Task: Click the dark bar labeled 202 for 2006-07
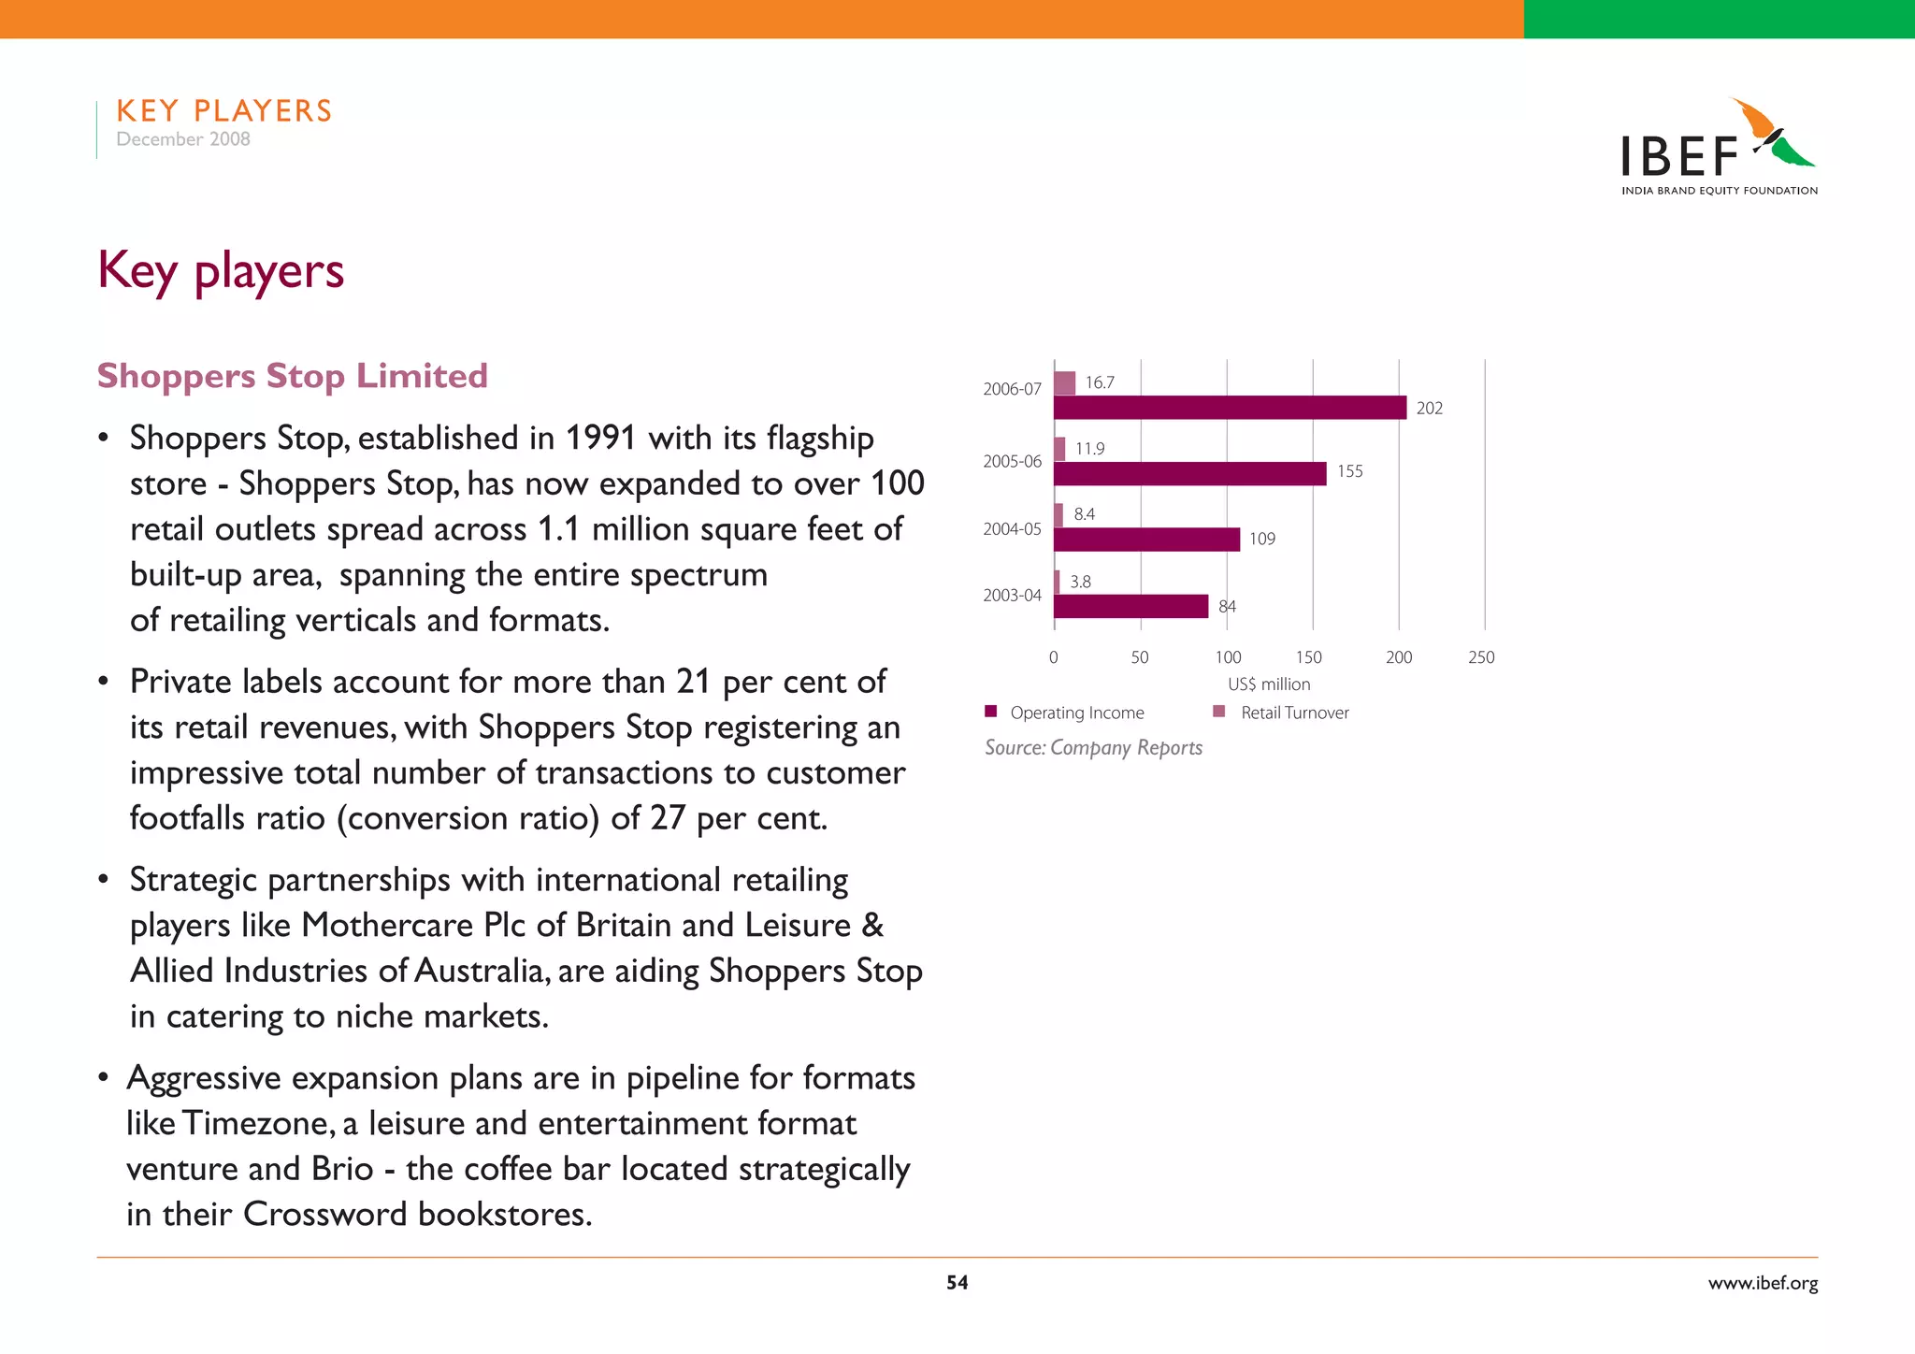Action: [x=1230, y=408]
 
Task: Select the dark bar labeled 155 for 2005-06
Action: [x=1189, y=474]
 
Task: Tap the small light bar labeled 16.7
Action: [x=1064, y=383]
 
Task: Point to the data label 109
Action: [x=1261, y=539]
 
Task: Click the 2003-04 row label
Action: [x=1012, y=596]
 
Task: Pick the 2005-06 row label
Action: [x=1012, y=462]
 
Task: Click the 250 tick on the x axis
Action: [x=1481, y=657]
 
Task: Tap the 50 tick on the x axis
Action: [x=1139, y=657]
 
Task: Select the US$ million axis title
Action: [x=1269, y=684]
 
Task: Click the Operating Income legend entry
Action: [x=1076, y=713]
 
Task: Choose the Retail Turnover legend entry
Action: [x=1294, y=713]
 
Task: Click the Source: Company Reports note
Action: [x=1093, y=748]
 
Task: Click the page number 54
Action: [x=957, y=1283]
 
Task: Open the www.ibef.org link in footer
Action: [x=1763, y=1283]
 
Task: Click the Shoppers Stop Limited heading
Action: [x=293, y=376]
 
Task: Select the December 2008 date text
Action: [x=183, y=139]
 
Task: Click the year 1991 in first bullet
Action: [x=600, y=438]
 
